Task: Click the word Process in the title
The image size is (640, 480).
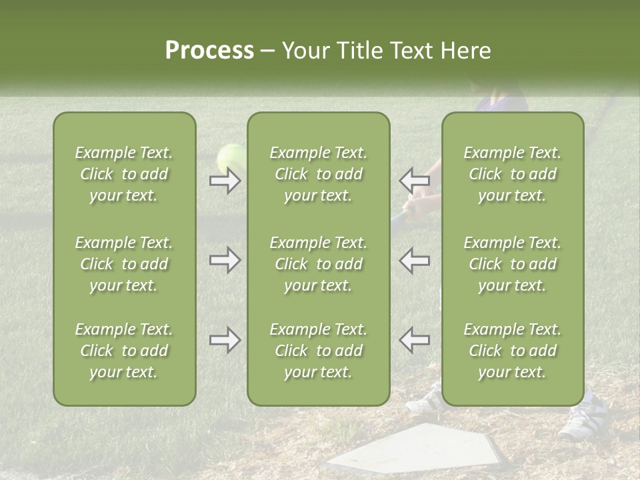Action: coord(209,51)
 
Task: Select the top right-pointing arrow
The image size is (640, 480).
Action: coord(225,181)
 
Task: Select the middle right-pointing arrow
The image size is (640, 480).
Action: coord(225,260)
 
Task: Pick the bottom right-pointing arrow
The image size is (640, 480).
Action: coord(225,340)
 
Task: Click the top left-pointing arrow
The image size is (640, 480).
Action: coord(415,181)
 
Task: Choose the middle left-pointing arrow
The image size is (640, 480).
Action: coord(415,260)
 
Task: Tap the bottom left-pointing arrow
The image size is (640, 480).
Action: coord(415,340)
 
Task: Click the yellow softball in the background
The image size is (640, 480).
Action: coord(231,157)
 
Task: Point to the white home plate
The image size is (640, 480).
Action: coord(420,449)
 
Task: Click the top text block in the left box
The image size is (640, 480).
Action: coord(124,174)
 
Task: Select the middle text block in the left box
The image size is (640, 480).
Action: coord(124,264)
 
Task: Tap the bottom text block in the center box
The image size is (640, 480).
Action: coord(318,351)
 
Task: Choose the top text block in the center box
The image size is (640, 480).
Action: coord(318,174)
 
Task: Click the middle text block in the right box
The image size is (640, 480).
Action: coord(512,264)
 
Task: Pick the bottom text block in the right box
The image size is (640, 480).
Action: coord(512,351)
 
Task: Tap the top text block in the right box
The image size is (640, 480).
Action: coord(512,174)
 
